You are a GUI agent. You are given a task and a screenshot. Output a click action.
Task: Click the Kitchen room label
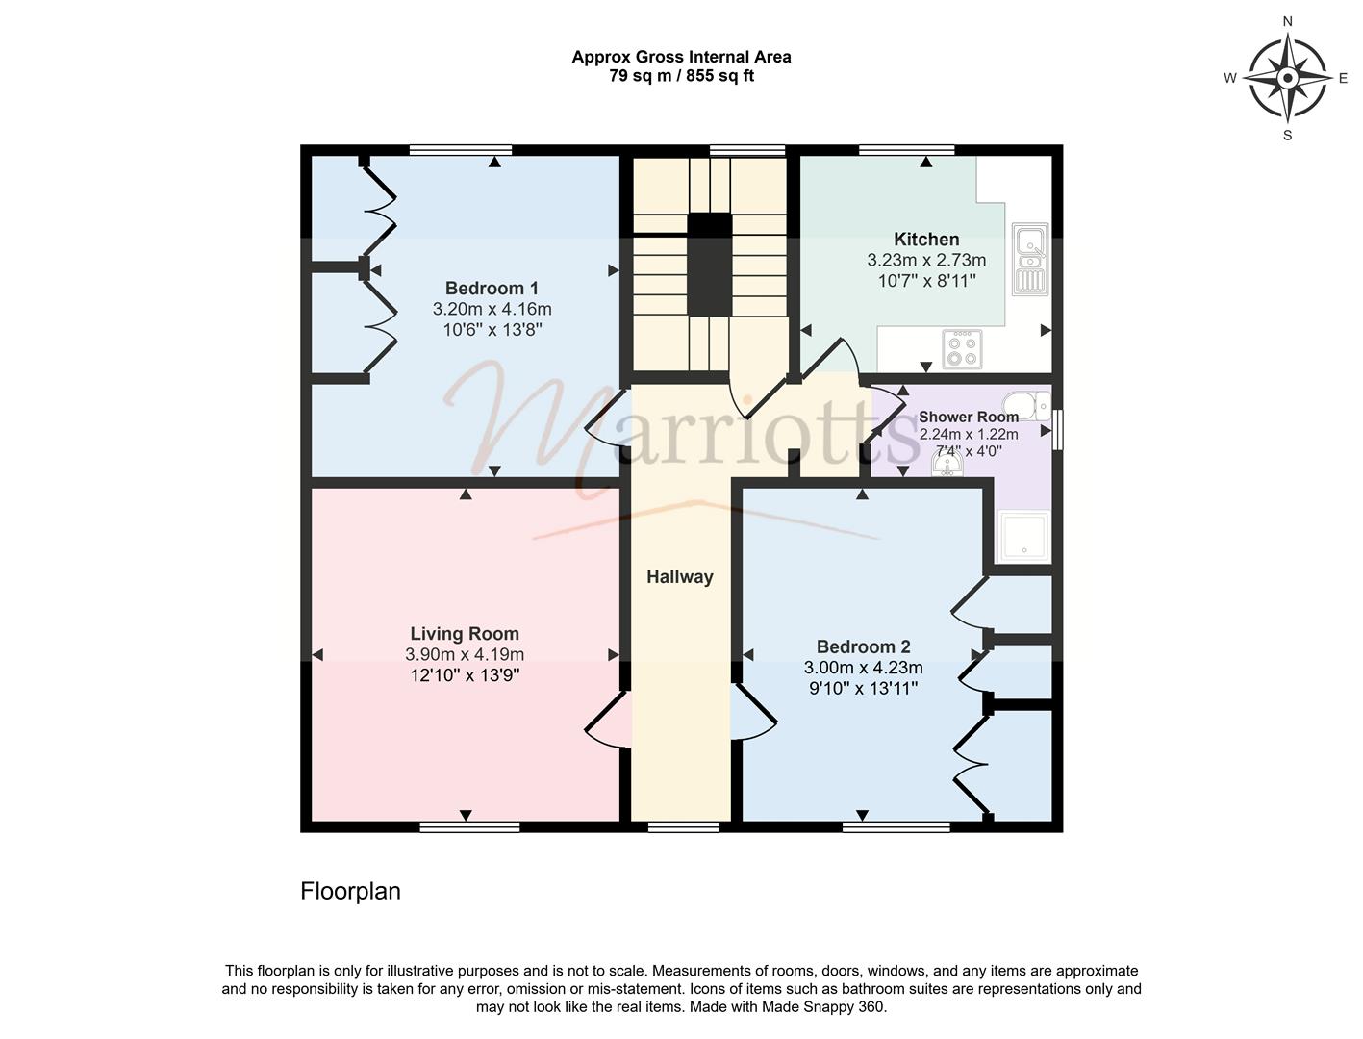tap(926, 240)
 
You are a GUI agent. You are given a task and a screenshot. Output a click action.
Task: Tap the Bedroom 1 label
tap(492, 289)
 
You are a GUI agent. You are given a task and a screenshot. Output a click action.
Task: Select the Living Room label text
tap(465, 633)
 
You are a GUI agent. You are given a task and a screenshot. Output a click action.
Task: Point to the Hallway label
tap(679, 577)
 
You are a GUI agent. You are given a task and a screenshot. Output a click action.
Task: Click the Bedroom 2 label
tap(863, 646)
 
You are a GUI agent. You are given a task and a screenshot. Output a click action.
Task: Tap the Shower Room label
tap(968, 417)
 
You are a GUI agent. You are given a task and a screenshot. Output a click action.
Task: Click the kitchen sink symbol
tap(1030, 259)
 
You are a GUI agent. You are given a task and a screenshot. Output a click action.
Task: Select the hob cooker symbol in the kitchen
tap(962, 349)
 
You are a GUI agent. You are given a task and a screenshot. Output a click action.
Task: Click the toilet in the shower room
tap(1028, 406)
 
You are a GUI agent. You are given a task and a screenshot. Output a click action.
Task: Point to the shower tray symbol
tap(1023, 537)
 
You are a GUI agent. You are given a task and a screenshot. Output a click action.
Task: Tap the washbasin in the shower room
tap(947, 464)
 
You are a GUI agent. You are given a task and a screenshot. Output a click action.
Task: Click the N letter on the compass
tap(1287, 22)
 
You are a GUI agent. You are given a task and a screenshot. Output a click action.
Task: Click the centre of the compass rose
tap(1287, 78)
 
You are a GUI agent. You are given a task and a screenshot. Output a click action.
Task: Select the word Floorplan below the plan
tap(350, 891)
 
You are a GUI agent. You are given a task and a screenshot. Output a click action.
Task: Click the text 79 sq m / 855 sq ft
tap(681, 76)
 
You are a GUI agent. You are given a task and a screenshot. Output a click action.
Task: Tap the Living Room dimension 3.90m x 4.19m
tap(465, 654)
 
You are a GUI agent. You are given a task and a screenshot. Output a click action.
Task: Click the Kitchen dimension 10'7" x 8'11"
tap(926, 281)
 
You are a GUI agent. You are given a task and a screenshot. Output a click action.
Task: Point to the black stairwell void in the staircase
tap(709, 265)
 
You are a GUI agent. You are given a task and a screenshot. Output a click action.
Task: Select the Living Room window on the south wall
tap(469, 826)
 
